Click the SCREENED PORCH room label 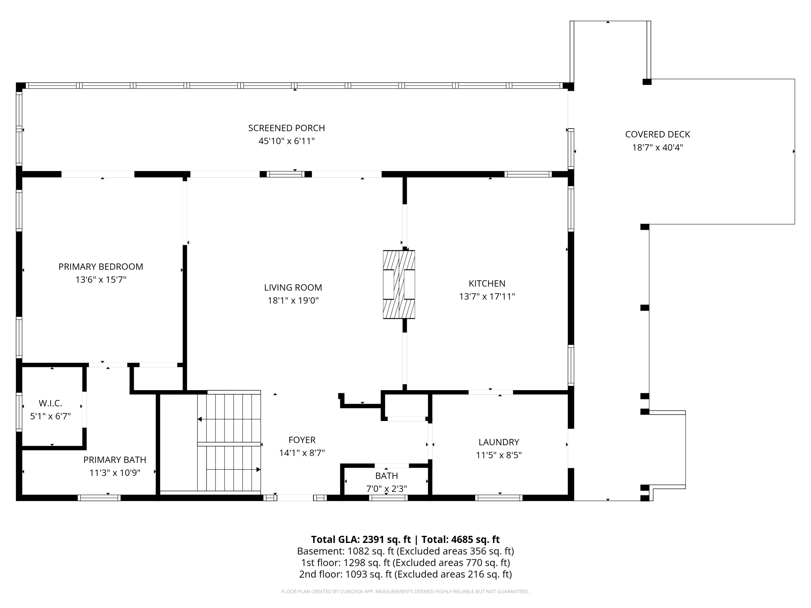(x=287, y=128)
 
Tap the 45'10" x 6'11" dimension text (x=287, y=141)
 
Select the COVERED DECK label (x=658, y=134)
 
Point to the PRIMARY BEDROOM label (x=101, y=267)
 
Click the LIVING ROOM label (x=293, y=288)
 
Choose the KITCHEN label (x=487, y=283)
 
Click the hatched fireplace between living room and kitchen (x=399, y=285)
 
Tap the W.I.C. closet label (x=50, y=403)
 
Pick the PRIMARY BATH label (x=115, y=460)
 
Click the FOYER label (x=302, y=440)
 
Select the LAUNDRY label (x=499, y=442)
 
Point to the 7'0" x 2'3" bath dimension (x=386, y=489)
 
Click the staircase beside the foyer (x=229, y=442)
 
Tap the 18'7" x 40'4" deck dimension (x=658, y=147)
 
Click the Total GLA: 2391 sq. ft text (x=361, y=539)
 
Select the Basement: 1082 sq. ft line (x=405, y=551)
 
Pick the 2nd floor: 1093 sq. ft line (x=405, y=574)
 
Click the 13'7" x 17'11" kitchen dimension (x=487, y=297)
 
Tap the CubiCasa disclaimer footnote (x=405, y=592)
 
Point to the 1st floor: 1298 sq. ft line (x=405, y=563)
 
